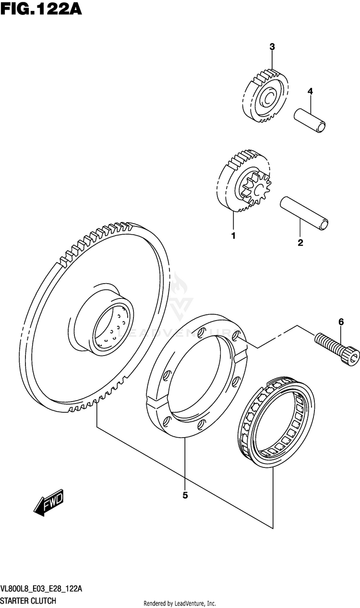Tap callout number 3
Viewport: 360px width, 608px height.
point(272,47)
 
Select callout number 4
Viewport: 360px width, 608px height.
point(310,91)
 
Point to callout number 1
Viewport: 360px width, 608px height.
point(233,236)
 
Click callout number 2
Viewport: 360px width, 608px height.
point(300,243)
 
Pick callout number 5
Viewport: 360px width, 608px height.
point(185,496)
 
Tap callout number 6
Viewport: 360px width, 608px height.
point(341,322)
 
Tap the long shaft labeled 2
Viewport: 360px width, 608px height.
point(305,211)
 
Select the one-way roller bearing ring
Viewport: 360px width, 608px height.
point(276,421)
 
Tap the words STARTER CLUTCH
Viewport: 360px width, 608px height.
point(28,600)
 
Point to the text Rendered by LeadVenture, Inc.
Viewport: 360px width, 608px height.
point(180,603)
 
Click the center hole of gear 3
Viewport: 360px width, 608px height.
point(267,100)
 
